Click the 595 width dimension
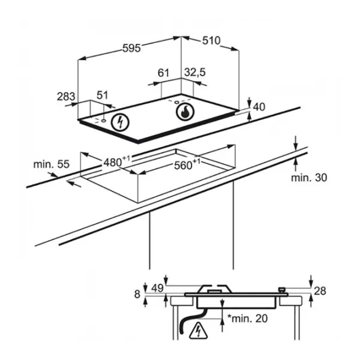pyautogui.click(x=131, y=48)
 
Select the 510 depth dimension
pyautogui.click(x=211, y=41)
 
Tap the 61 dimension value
pyautogui.click(x=163, y=73)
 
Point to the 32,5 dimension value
pyautogui.click(x=195, y=73)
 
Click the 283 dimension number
pyautogui.click(x=66, y=97)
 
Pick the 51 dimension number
pyautogui.click(x=102, y=95)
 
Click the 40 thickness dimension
pyautogui.click(x=259, y=107)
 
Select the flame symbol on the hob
pyautogui.click(x=185, y=112)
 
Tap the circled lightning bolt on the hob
pyautogui.click(x=120, y=122)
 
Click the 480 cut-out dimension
pyautogui.click(x=116, y=161)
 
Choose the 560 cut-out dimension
pyautogui.click(x=187, y=164)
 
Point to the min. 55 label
pyautogui.click(x=51, y=164)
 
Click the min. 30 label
pyautogui.click(x=309, y=178)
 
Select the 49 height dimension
pyautogui.click(x=157, y=288)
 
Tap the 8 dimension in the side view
pyautogui.click(x=137, y=294)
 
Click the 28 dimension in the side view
pyautogui.click(x=320, y=291)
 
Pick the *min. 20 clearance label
pyautogui.click(x=247, y=318)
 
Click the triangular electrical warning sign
pyautogui.click(x=199, y=331)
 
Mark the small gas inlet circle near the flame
pyautogui.click(x=177, y=102)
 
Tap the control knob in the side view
pyautogui.click(x=282, y=290)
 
